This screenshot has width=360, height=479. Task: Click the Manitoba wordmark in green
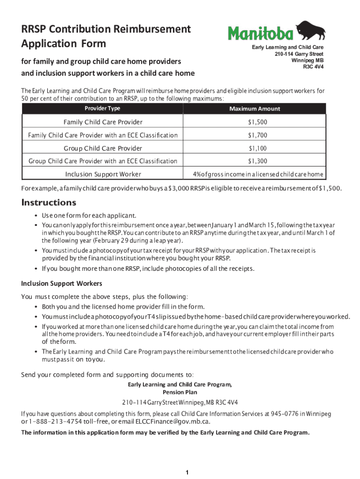pos(261,34)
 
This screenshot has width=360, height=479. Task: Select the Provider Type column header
pos(102,109)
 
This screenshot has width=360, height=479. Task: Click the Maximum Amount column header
pos(255,109)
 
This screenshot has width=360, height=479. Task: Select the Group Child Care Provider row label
pos(102,149)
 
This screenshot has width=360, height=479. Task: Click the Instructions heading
pos(49,203)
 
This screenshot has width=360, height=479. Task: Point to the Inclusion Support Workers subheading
pos(62,284)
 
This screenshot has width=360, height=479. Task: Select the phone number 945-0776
pos(285,414)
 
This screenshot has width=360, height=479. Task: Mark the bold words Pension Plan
pos(180,392)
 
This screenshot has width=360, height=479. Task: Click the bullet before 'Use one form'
pos(36,216)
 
